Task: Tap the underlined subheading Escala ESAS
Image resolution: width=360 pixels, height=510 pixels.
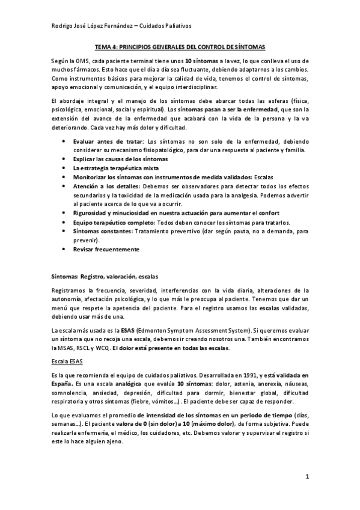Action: pos(67,362)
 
